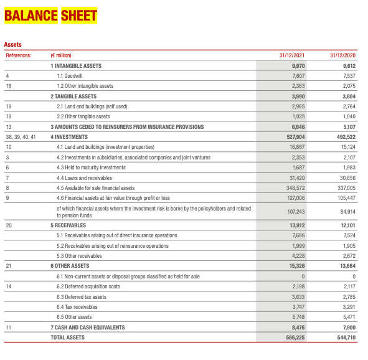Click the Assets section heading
coord(12,45)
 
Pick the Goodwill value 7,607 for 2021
coord(298,75)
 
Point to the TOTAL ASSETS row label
coord(67,338)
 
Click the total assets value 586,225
coord(294,338)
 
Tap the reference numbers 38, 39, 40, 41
coord(21,136)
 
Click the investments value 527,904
coord(294,136)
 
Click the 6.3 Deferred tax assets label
coord(82,297)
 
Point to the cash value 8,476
coord(297,328)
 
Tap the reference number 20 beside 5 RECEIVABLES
coord(8,225)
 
